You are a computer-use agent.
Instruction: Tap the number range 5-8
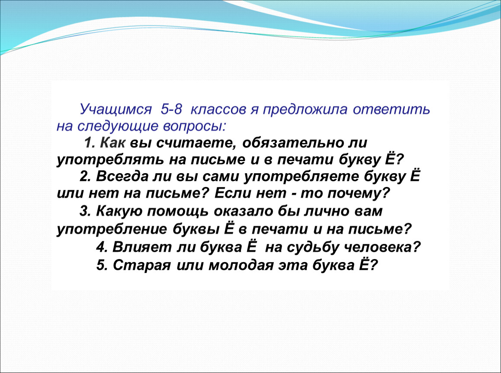click(171, 109)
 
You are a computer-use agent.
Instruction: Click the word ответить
click(392, 109)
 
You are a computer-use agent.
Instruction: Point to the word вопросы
click(194, 126)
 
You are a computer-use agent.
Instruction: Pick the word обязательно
click(292, 143)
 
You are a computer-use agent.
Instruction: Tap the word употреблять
click(110, 160)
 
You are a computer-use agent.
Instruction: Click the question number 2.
click(85, 177)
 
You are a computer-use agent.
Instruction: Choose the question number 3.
click(85, 212)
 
